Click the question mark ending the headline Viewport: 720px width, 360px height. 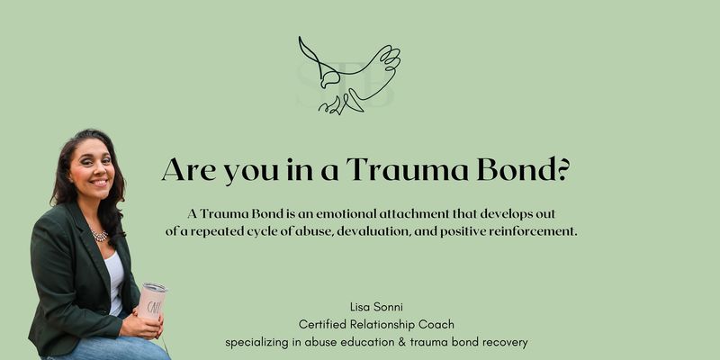click(x=562, y=169)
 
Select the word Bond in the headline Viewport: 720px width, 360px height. click(x=515, y=169)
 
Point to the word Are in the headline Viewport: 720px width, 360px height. click(x=189, y=169)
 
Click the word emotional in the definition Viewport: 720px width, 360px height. click(x=339, y=213)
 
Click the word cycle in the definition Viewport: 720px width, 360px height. click(x=257, y=232)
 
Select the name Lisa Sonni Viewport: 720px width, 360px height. click(x=376, y=307)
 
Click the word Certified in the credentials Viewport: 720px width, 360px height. click(x=322, y=325)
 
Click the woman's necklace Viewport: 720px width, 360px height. click(x=100, y=235)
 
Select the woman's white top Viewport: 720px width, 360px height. click(x=115, y=281)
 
